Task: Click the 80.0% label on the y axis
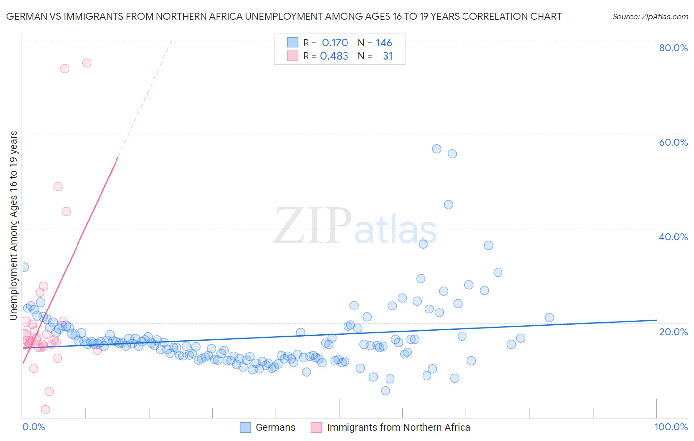(673, 48)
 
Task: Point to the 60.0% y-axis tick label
(673, 142)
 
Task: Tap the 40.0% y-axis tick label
(673, 237)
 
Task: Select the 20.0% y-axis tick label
(673, 332)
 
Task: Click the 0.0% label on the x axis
(34, 427)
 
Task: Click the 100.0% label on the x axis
(671, 427)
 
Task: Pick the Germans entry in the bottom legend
(275, 428)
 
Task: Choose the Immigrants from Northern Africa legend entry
(398, 428)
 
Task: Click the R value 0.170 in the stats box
(335, 43)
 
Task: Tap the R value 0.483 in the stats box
(334, 56)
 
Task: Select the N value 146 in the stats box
(384, 43)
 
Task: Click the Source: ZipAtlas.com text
(650, 17)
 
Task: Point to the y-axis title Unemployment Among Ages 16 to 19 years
(14, 225)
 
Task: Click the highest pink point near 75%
(87, 63)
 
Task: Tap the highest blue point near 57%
(436, 149)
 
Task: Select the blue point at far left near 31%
(24, 267)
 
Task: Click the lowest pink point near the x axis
(45, 410)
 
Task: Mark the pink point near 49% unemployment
(58, 187)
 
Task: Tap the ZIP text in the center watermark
(312, 226)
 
